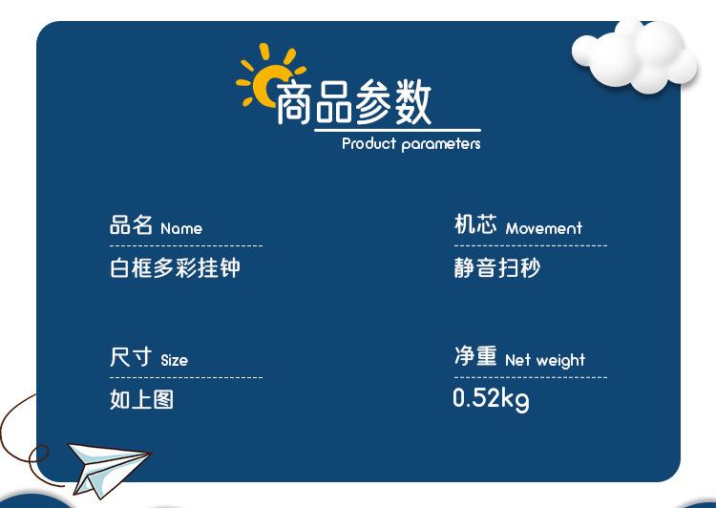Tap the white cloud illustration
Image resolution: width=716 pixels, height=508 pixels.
635,57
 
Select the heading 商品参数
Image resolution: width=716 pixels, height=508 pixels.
354,101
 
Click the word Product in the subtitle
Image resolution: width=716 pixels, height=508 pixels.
369,144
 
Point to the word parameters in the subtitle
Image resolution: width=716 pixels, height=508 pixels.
441,145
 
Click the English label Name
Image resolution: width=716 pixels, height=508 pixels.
181,228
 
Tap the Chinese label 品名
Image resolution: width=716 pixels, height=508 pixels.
131,224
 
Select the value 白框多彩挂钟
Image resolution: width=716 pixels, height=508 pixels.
175,267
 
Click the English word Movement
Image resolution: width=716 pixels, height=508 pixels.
544,228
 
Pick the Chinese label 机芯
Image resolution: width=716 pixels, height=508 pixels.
475,224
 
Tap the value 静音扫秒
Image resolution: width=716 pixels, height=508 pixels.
497,267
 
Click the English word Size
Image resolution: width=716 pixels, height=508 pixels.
175,360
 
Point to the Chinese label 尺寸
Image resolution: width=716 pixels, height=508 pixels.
131,357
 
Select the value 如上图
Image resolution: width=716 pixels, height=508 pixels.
141,399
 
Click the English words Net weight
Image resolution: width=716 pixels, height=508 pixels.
545,360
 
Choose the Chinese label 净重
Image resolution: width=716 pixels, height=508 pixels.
475,356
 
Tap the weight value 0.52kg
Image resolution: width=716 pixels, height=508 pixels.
492,399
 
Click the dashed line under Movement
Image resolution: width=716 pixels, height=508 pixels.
531,245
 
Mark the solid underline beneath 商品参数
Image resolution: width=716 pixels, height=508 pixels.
397,131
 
